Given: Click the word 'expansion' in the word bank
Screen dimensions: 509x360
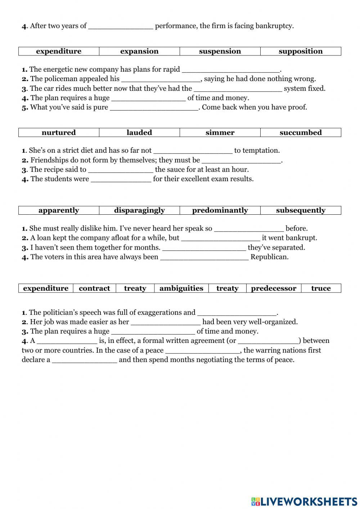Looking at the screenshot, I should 139,51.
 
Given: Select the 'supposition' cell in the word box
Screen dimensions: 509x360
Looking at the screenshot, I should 301,51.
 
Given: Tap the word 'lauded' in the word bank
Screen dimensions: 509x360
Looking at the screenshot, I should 139,133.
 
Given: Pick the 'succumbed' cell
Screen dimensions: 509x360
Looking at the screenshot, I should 301,133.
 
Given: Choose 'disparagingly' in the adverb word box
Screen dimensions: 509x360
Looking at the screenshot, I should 139,210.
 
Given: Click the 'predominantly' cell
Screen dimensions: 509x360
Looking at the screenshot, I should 220,210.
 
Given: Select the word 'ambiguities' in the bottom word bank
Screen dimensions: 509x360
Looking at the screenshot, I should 181,288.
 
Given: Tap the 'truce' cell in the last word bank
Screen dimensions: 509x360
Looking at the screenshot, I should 321,288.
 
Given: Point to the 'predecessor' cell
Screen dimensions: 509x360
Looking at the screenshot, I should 274,288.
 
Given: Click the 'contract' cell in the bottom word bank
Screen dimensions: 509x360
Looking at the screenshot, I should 94,288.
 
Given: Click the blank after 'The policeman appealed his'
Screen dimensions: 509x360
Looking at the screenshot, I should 161,79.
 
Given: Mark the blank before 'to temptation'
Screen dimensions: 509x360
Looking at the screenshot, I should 193,151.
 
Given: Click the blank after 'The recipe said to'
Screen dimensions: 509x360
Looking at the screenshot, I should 121,170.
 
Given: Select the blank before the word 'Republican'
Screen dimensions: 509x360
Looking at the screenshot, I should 204,257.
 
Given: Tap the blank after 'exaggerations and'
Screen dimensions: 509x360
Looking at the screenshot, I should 237,313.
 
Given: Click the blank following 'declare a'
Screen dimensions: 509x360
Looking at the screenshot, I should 84,360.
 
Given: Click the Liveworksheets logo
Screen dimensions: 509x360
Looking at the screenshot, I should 304,501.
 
